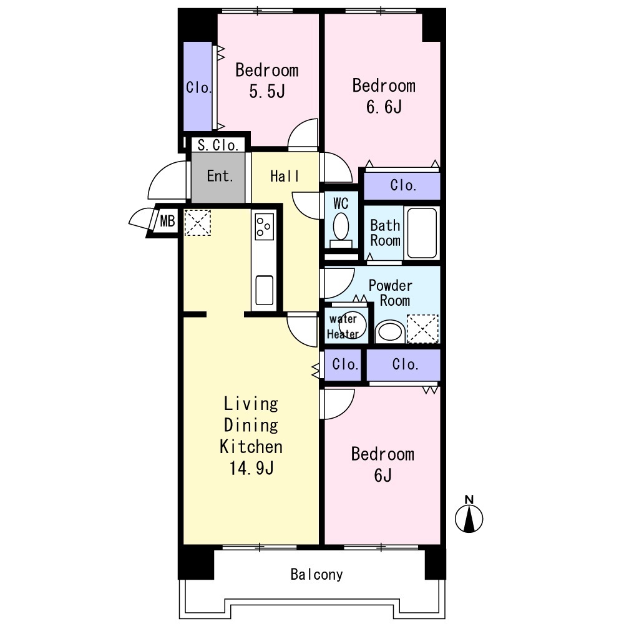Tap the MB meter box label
coord(167,220)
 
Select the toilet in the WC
coord(341,230)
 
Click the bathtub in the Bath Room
coord(422,233)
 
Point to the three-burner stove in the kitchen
coord(264,227)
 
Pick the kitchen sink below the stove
coord(264,290)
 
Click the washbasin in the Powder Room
coord(390,332)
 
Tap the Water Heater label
coord(343,326)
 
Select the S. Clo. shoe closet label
coord(218,145)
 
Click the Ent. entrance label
coord(220,176)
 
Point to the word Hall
coord(285,176)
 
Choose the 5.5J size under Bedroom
coord(267,92)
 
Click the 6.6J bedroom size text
coord(384,107)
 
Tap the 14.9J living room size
coord(251,468)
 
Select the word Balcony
coord(316,575)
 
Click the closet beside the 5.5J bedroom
coord(197,86)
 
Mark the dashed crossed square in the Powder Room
coord(422,329)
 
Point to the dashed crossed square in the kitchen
coord(197,223)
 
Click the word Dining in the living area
coord(251,425)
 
